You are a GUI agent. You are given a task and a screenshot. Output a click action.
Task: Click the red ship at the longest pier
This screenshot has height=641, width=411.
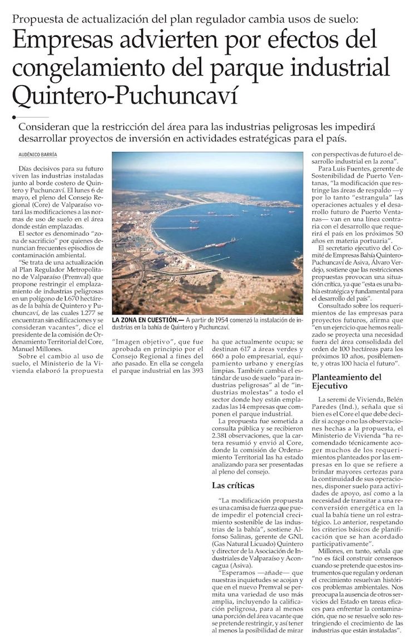click(220, 244)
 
